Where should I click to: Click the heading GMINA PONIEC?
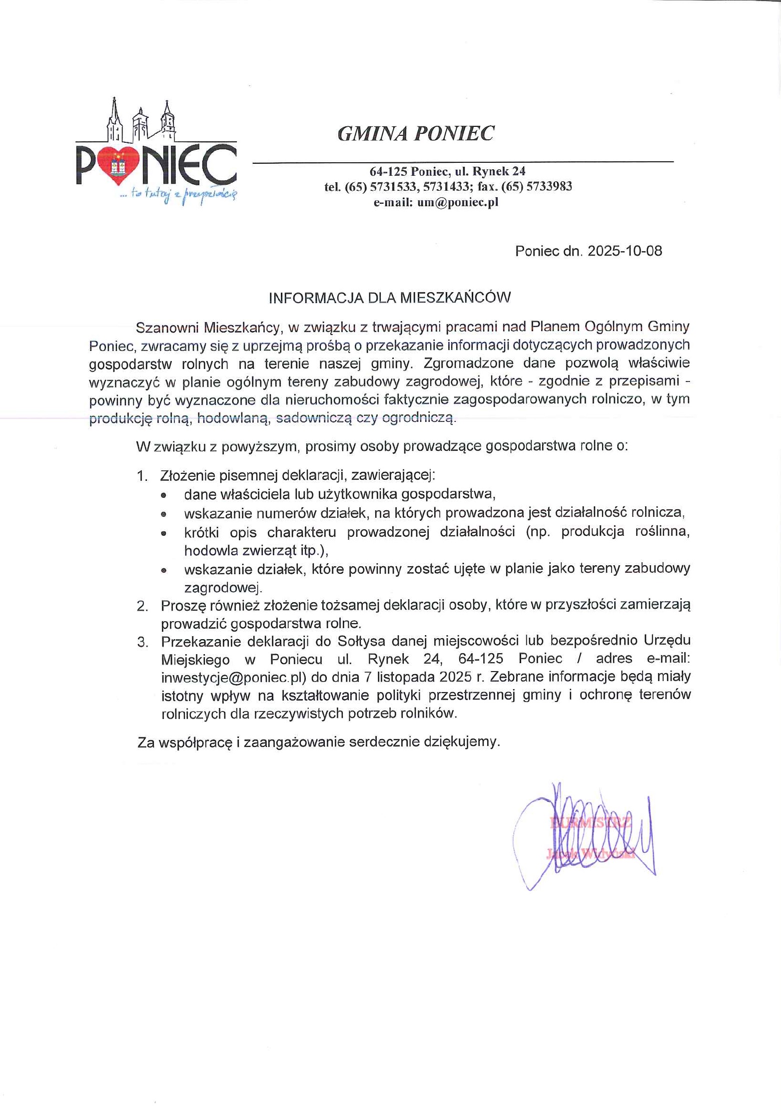(x=416, y=133)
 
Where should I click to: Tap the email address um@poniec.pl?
(x=458, y=202)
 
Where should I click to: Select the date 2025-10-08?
(x=625, y=251)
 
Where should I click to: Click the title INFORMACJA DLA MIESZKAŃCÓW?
(x=390, y=298)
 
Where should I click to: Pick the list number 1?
(x=142, y=476)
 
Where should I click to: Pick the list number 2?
(x=142, y=606)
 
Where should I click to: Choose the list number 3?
(x=142, y=642)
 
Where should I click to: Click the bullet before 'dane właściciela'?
(x=163, y=495)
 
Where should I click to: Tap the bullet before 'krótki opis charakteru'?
(x=163, y=533)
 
